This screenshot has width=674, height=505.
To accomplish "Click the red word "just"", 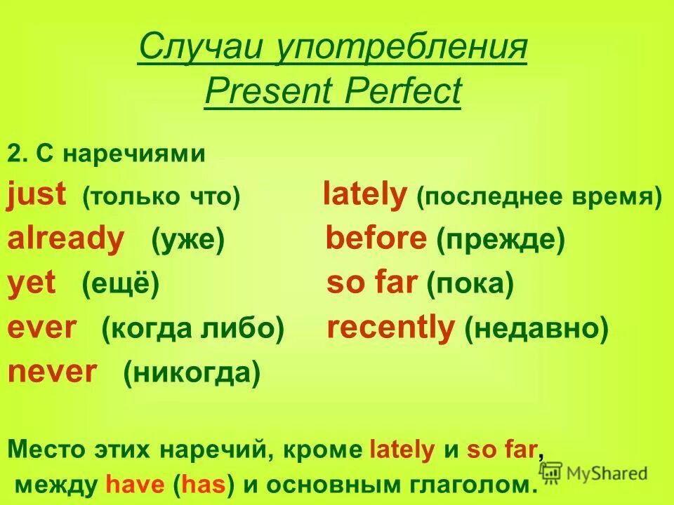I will tap(37, 196).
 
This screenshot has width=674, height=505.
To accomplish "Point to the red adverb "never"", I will tap(53, 372).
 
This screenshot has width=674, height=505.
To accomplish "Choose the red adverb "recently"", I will tap(391, 328).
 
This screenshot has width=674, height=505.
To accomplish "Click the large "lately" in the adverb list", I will tap(364, 196).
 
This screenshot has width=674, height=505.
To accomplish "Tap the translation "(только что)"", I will tap(161, 197).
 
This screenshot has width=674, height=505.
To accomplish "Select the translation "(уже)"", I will tap(187, 241).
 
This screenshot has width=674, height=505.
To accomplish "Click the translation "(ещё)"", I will tap(120, 285).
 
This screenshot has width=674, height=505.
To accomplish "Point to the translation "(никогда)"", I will tap(192, 372).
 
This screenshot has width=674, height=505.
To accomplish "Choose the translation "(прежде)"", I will tap(500, 241).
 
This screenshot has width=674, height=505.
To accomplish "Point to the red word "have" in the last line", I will tap(129, 484).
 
